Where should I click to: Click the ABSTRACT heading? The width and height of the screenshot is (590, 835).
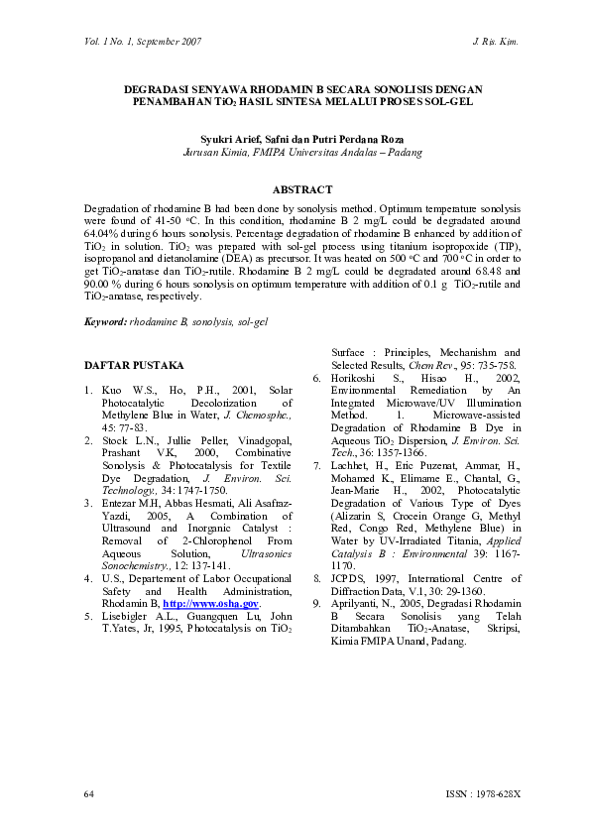click(x=301, y=189)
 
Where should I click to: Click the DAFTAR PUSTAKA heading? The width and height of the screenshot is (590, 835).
click(x=126, y=367)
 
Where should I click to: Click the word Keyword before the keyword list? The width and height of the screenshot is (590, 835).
click(x=105, y=321)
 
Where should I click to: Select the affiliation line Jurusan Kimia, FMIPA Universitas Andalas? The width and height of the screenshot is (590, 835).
click(x=302, y=154)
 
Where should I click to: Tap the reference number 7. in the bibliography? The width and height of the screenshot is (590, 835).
click(x=316, y=464)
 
